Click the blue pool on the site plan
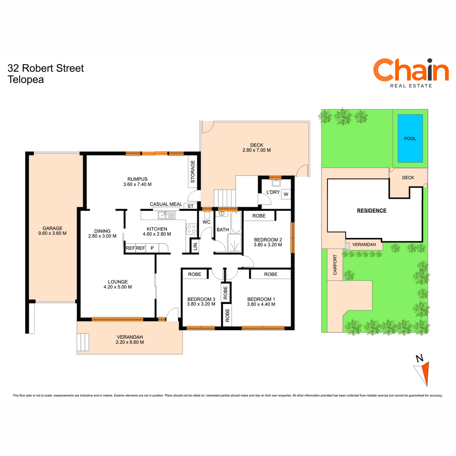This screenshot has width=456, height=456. click(410, 138)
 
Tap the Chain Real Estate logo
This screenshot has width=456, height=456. click(411, 73)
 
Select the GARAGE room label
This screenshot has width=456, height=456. click(52, 228)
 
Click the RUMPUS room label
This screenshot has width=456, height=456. click(137, 179)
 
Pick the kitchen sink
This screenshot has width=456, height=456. click(166, 215)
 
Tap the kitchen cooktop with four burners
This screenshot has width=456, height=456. click(191, 229)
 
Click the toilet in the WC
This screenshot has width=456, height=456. click(207, 215)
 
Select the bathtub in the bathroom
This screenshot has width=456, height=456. click(236, 222)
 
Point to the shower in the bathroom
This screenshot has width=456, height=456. click(234, 243)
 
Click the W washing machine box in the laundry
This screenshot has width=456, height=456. click(286, 194)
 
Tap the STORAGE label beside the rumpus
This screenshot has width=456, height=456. click(193, 171)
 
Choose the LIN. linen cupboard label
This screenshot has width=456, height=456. click(195, 246)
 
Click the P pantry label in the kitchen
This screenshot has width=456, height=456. click(152, 248)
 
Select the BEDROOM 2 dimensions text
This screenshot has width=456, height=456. click(268, 245)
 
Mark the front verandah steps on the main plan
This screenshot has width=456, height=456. click(83, 342)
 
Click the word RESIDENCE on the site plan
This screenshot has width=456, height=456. click(372, 211)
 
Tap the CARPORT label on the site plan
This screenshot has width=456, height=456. click(335, 265)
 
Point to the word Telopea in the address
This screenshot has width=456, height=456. click(25, 80)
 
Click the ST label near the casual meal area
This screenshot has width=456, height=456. click(190, 206)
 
